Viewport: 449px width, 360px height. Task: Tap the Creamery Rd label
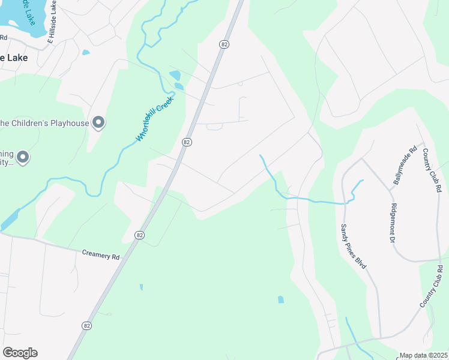pyautogui.click(x=101, y=255)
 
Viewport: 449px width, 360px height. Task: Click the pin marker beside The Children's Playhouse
pyautogui.click(x=98, y=123)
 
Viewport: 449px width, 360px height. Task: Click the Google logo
pyautogui.click(x=20, y=352)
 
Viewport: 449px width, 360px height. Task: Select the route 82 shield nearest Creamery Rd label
pyautogui.click(x=139, y=235)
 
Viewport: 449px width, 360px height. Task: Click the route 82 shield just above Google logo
pyautogui.click(x=86, y=325)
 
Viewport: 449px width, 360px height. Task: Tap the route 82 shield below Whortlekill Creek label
pyautogui.click(x=187, y=142)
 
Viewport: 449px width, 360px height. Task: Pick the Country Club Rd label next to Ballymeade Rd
pyautogui.click(x=432, y=170)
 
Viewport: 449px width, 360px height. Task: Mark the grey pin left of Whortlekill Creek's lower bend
pyautogui.click(x=23, y=158)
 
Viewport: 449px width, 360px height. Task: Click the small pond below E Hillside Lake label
pyautogui.click(x=86, y=53)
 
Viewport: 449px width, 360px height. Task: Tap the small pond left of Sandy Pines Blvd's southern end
pyautogui.click(x=280, y=299)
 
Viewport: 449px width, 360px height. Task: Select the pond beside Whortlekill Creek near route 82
pyautogui.click(x=175, y=76)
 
